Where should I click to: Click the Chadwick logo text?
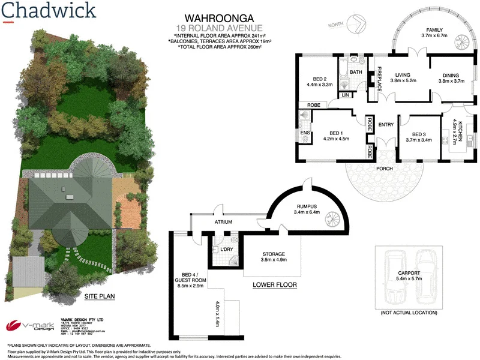[x=48, y=11]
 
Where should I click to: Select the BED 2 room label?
[x=320, y=79]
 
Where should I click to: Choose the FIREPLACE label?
[x=379, y=80]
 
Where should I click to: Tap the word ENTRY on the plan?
[x=386, y=125]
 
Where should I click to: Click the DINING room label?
[x=451, y=74]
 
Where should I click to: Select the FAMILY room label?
[x=434, y=30]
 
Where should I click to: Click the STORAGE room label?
[x=273, y=254]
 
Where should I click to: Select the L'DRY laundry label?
[x=227, y=248]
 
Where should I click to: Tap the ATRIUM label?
[x=224, y=221]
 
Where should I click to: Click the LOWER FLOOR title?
[x=275, y=285]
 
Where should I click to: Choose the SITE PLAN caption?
[x=99, y=296]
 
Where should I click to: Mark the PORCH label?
[x=384, y=169]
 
